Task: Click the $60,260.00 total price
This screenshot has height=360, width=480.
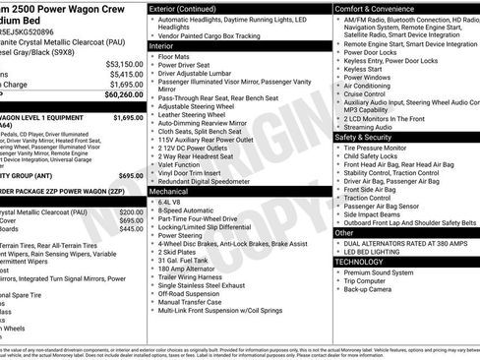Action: (118, 95)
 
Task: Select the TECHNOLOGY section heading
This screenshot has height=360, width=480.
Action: (360, 262)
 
